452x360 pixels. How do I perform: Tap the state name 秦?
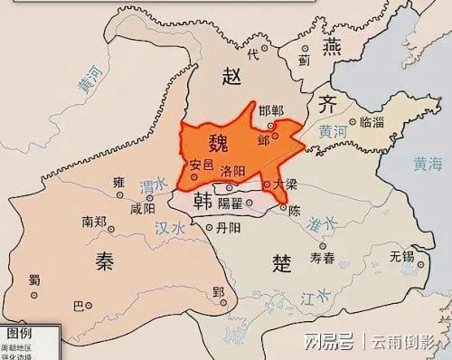(x=102, y=260)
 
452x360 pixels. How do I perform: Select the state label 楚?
(x=281, y=262)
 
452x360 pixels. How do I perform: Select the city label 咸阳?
(x=143, y=207)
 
